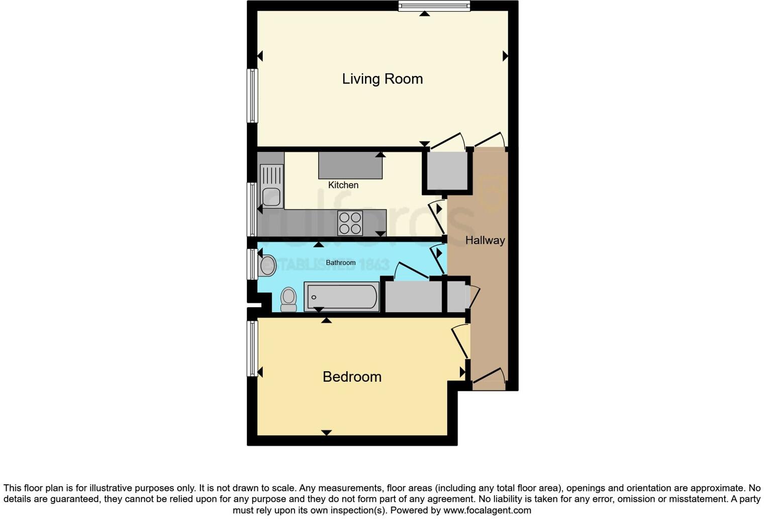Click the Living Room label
click(382, 79)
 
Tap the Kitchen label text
click(343, 185)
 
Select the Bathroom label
click(340, 263)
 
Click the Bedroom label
click(352, 377)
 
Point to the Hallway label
click(485, 240)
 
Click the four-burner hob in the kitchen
click(350, 223)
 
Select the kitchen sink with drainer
click(271, 187)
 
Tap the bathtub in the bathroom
click(342, 297)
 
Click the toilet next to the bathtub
click(289, 299)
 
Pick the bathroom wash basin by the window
click(267, 265)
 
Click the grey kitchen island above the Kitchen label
click(350, 166)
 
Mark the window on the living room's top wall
click(434, 6)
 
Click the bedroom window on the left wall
click(252, 349)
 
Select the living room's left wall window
click(252, 96)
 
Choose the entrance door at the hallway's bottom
click(489, 379)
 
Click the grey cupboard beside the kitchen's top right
click(447, 171)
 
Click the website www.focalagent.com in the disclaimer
click(487, 510)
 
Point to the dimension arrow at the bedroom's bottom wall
click(326, 432)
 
